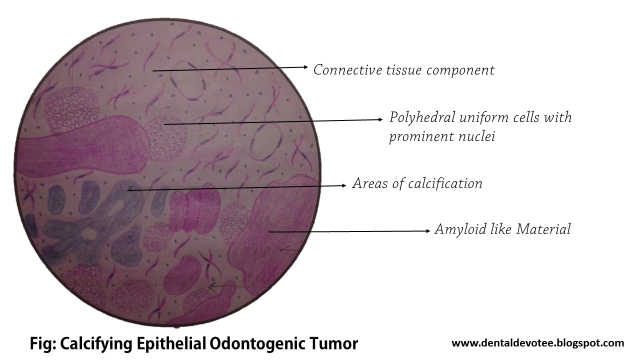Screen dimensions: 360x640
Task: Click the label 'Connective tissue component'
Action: [403, 69]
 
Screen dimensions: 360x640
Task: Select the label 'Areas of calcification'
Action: [417, 183]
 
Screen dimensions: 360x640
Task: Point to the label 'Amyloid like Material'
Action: [502, 229]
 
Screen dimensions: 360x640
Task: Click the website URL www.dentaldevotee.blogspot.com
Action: [537, 343]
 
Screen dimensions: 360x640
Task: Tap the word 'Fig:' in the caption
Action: [43, 344]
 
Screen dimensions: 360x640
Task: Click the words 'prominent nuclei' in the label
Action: [441, 136]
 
